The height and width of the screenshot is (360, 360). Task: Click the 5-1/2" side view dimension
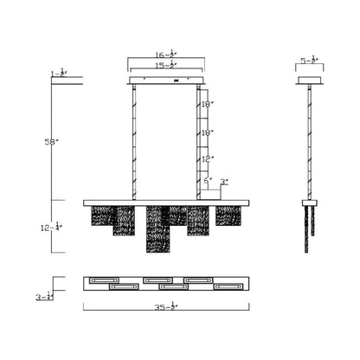tap(309, 62)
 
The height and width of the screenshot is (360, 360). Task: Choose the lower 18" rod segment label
tap(205, 133)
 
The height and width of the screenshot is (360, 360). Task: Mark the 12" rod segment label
tap(205, 158)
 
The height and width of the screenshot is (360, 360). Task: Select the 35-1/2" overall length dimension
tap(166, 305)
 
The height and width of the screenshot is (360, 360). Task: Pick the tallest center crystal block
tap(157, 231)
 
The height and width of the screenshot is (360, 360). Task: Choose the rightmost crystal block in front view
tap(228, 216)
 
